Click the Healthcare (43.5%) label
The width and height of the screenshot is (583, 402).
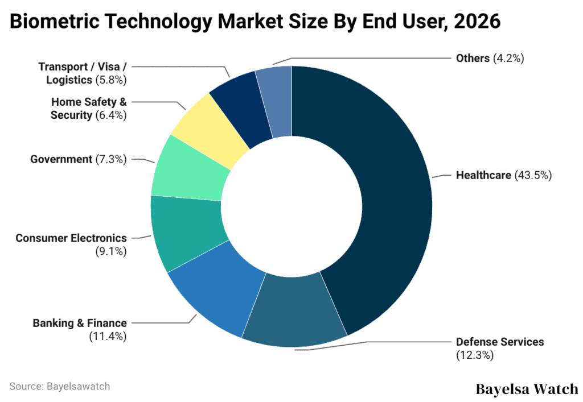504,175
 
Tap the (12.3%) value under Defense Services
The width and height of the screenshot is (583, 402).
474,355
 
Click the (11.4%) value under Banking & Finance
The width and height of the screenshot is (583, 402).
108,337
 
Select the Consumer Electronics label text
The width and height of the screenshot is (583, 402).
71,238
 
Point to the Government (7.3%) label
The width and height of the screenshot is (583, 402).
79,159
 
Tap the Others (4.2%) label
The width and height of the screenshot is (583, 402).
490,58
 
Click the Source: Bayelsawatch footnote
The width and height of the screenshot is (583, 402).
60,386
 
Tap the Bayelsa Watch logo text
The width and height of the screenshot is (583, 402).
527,389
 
